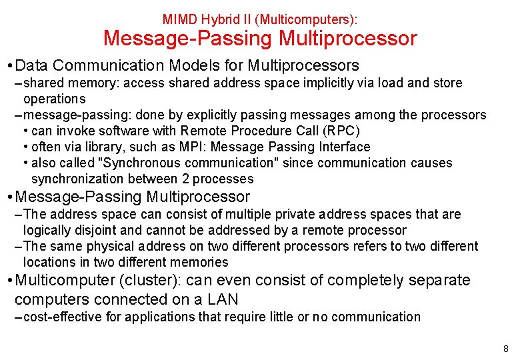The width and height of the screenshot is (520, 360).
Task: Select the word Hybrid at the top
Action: tap(215, 20)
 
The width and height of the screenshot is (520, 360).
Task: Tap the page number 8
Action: tap(506, 349)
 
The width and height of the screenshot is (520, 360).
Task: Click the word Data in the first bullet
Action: tap(31, 65)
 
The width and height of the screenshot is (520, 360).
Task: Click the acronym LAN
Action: tap(222, 299)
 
